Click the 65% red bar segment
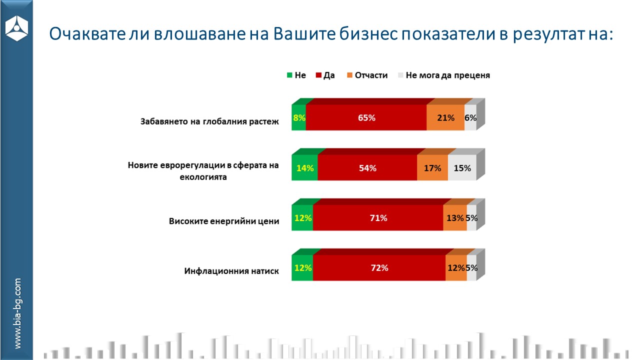366,118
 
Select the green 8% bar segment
298,118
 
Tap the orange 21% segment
445,118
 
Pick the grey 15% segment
462,168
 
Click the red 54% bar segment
367,168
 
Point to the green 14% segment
304,168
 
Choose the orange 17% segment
432,168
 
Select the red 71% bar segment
378,218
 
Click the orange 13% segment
455,218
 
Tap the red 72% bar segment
379,268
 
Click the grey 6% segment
470,118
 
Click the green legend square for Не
289,75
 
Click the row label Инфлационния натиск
231,271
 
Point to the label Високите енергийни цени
224,221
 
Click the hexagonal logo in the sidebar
16,27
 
